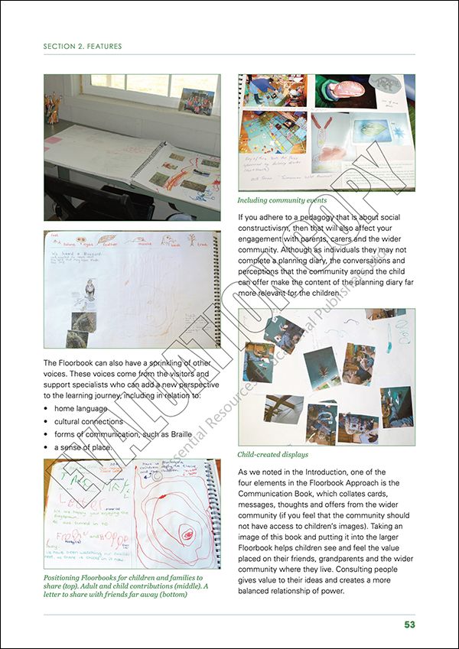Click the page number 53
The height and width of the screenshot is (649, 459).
click(409, 625)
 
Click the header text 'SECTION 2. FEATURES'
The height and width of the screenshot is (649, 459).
click(83, 46)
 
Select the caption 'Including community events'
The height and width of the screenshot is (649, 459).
click(282, 200)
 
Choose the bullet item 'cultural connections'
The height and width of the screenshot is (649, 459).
click(88, 421)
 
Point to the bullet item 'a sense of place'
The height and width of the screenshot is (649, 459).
click(83, 446)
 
